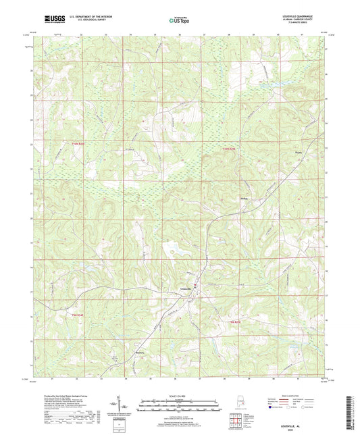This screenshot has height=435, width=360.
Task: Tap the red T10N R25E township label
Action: (x=231, y=147)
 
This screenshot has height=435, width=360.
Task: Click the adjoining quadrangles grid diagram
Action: (x=234, y=424)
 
